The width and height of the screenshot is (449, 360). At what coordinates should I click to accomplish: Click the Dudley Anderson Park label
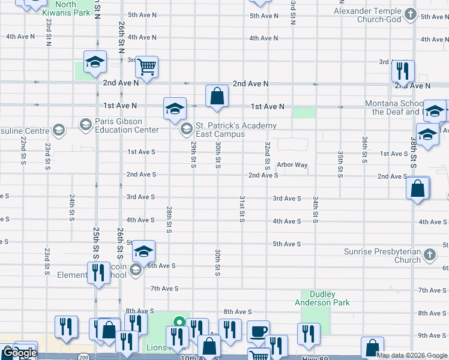coord(322,298)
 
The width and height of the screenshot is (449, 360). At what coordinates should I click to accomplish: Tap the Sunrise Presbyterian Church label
coord(382,256)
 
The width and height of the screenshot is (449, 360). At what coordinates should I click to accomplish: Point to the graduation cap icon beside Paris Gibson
coord(85,125)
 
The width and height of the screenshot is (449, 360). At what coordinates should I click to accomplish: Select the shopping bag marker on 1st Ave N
coord(217,96)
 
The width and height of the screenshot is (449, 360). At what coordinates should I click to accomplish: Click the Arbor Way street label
coord(292,164)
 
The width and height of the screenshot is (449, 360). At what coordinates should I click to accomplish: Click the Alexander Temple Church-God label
coord(367,16)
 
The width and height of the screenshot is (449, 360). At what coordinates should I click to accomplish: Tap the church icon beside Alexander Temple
coord(410,14)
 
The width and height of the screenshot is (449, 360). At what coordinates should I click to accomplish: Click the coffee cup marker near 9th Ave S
coord(258,332)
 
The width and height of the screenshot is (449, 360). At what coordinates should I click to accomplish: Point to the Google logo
coord(19,353)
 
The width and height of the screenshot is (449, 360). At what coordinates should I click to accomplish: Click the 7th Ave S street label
coord(164,289)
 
